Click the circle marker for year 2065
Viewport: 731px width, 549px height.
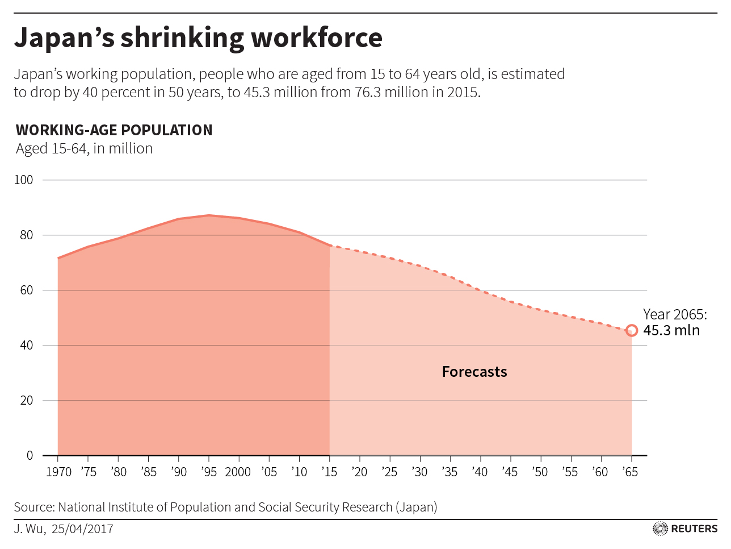coord(632,331)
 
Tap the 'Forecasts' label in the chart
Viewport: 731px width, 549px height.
coord(474,372)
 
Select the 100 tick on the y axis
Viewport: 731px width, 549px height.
coord(24,180)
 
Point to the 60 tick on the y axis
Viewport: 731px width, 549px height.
coord(26,290)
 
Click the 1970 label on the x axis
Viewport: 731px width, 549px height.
coord(58,472)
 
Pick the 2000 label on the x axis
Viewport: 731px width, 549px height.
coord(238,472)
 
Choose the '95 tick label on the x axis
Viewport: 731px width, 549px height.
coord(208,472)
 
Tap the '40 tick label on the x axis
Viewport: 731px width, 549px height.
coord(480,472)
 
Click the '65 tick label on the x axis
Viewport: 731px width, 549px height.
coord(630,472)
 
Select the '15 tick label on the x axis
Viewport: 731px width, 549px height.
coord(329,472)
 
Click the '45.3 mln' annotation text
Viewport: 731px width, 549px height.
coord(671,331)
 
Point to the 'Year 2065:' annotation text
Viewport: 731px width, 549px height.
coord(675,314)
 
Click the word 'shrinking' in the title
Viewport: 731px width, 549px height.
coord(182,38)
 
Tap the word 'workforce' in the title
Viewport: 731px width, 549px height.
coord(317,38)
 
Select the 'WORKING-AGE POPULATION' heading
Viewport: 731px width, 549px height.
coord(114,130)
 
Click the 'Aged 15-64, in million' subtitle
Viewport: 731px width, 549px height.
coord(85,149)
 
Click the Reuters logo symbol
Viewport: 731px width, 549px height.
coord(660,529)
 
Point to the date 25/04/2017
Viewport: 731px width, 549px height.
coord(82,529)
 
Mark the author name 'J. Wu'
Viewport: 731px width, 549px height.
coord(28,529)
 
